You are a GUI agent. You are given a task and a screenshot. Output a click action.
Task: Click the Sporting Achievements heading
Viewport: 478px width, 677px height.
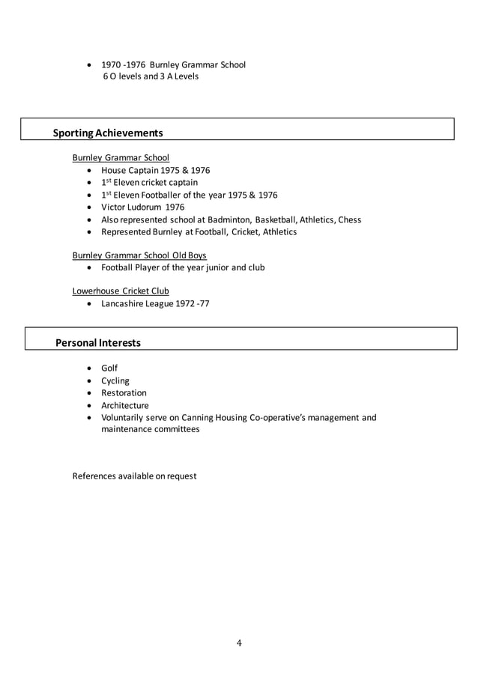point(108,133)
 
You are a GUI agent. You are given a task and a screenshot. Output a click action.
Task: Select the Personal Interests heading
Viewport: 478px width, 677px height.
point(98,343)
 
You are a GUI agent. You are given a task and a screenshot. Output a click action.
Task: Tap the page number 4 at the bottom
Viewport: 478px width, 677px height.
point(239,643)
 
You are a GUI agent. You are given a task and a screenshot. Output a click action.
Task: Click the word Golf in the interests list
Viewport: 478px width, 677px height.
point(109,368)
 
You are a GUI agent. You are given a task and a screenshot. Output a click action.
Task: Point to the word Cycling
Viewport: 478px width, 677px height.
point(115,380)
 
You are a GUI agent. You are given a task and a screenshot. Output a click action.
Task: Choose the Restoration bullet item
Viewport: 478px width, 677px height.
point(124,392)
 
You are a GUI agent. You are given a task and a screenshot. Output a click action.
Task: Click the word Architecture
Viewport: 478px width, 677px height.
point(125,405)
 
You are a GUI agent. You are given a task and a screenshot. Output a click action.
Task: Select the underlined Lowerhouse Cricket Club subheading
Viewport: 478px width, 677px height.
point(121,291)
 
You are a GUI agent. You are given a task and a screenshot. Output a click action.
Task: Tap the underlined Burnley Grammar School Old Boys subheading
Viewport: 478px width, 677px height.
point(139,255)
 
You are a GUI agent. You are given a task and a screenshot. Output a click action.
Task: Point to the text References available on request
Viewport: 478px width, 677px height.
point(134,476)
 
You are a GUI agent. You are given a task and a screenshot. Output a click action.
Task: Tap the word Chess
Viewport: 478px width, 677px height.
point(349,219)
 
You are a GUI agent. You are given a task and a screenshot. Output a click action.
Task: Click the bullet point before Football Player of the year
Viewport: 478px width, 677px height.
point(91,267)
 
